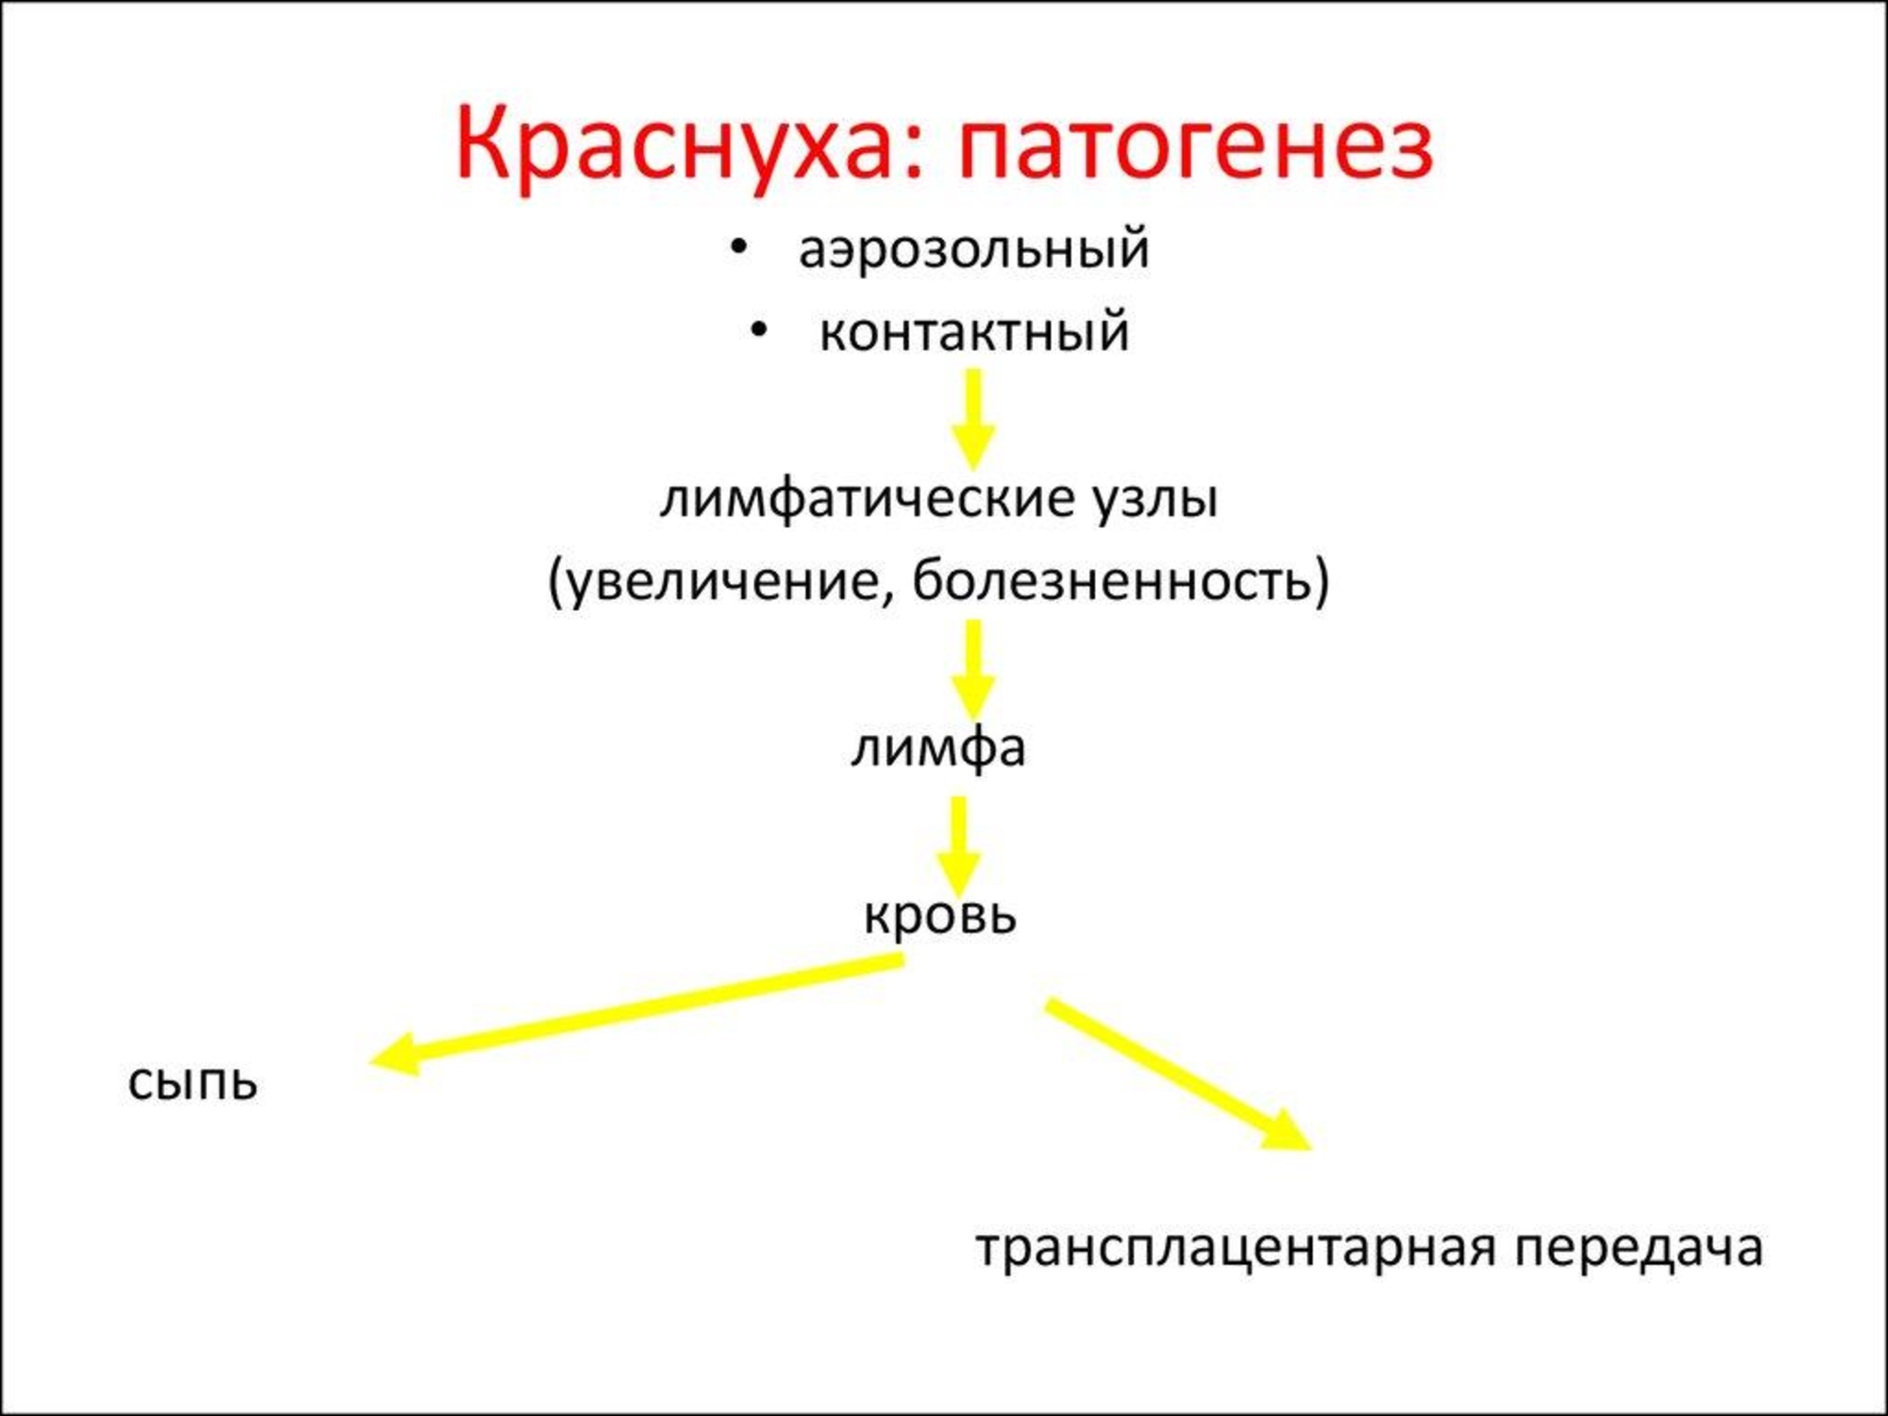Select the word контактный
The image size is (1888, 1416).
pyautogui.click(x=974, y=332)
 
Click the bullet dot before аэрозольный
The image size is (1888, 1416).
pyautogui.click(x=739, y=248)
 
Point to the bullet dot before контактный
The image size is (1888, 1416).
pyautogui.click(x=759, y=330)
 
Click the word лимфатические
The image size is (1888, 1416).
pyautogui.click(x=865, y=499)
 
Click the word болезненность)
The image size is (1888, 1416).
pyautogui.click(x=1121, y=581)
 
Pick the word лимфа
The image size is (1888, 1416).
pyautogui.click(x=938, y=749)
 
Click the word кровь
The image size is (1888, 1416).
pyautogui.click(x=940, y=915)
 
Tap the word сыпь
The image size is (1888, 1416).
pyautogui.click(x=193, y=1083)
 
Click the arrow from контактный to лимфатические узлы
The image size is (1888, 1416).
pyautogui.click(x=973, y=418)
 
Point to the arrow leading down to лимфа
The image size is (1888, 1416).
pyautogui.click(x=973, y=669)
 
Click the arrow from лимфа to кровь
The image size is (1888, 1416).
pyautogui.click(x=958, y=846)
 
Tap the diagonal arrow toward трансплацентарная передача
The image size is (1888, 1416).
pyautogui.click(x=1178, y=1074)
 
